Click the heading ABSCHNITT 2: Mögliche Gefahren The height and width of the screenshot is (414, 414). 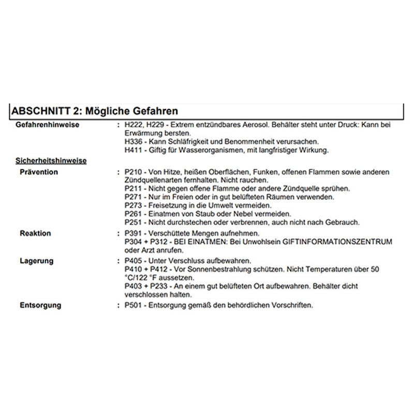click(x=95, y=111)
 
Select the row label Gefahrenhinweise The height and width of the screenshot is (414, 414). click(x=48, y=125)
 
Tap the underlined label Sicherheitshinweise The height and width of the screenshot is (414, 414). click(x=51, y=160)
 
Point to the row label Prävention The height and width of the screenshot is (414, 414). click(x=39, y=172)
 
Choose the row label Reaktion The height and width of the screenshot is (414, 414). click(x=35, y=233)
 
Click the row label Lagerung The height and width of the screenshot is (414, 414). click(x=36, y=261)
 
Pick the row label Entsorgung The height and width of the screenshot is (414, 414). click(x=40, y=305)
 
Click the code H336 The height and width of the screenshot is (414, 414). click(x=134, y=142)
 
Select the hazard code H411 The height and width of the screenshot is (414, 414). click(x=134, y=150)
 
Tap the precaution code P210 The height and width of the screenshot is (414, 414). click(x=134, y=172)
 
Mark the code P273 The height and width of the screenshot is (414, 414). click(x=134, y=205)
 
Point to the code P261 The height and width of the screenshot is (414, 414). click(x=134, y=214)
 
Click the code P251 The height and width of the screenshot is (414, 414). click(x=134, y=222)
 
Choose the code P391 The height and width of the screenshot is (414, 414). click(x=134, y=233)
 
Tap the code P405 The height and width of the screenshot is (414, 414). click(x=134, y=261)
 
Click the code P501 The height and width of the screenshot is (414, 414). click(x=134, y=305)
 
